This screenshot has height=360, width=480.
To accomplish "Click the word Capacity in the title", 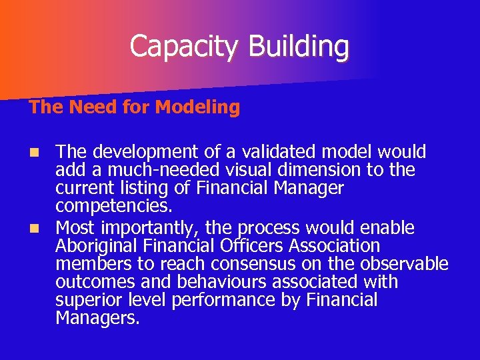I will coord(185,46).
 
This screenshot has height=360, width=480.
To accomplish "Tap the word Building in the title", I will coord(298,46).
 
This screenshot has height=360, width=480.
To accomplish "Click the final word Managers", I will coord(97,318).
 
